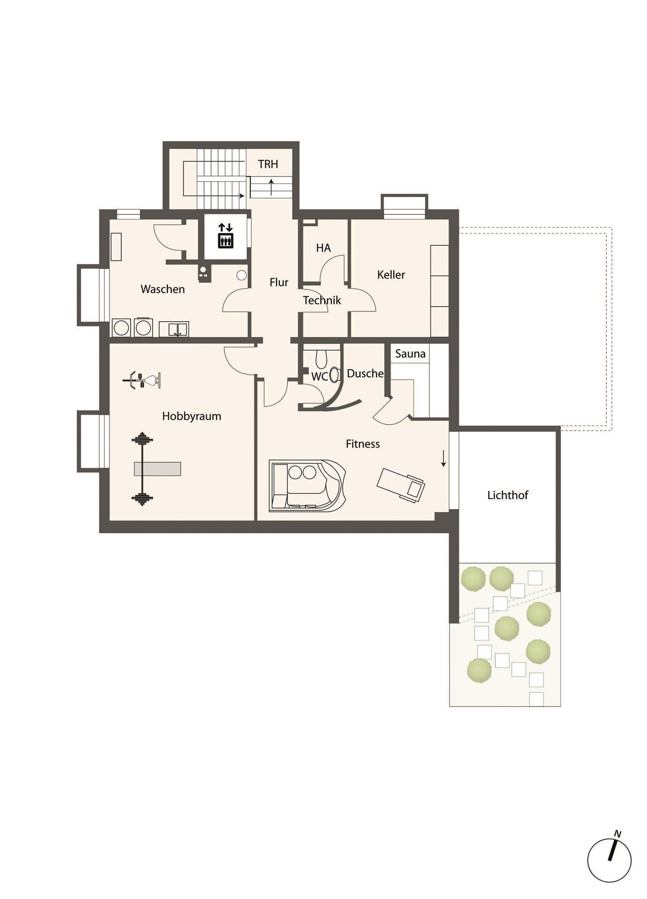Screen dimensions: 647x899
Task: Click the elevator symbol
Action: coord(226,236)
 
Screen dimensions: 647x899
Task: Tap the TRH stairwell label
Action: coord(268,164)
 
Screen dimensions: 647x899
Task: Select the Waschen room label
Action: coord(162,289)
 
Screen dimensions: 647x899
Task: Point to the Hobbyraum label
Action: coord(191,416)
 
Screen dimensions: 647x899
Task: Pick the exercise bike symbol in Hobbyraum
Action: coord(142,380)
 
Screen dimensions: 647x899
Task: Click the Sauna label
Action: coord(410,354)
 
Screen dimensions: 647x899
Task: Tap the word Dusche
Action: coord(365,373)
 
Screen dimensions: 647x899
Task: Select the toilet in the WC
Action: coord(321,359)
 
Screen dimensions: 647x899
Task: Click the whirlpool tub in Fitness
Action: coord(308,485)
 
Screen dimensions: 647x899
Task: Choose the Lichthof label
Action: coord(507,495)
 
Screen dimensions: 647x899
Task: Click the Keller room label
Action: coord(391,274)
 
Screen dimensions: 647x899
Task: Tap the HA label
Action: coord(323,248)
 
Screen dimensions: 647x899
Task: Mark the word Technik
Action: coord(322,300)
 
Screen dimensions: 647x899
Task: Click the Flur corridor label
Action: coord(279,282)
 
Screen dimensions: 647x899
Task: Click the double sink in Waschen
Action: coord(174,329)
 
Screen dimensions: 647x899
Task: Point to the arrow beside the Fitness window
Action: coord(443,458)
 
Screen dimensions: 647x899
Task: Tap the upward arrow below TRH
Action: coord(271,186)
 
